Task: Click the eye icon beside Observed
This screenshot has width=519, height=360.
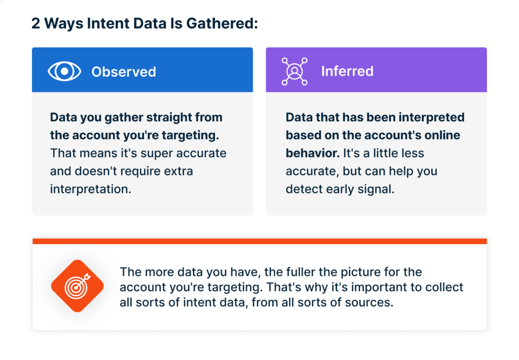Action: coord(64,71)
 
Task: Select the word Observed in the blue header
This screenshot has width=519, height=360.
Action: coord(124,72)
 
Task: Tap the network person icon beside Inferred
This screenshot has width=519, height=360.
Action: coord(294,71)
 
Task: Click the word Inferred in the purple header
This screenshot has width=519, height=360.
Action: coord(347,71)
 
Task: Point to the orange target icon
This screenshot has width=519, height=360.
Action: coord(78,286)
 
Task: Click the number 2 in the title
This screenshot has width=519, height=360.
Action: coord(36,23)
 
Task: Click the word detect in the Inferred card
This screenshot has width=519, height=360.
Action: coord(303,189)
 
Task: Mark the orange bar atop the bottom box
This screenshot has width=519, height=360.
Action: coord(259,241)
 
